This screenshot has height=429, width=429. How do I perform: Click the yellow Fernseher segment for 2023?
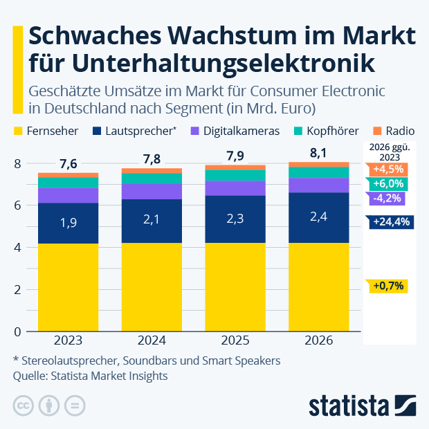pyautogui.click(x=68, y=287)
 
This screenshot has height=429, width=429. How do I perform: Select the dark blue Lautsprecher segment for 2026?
pyautogui.click(x=319, y=217)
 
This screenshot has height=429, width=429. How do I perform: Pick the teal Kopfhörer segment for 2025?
pyautogui.click(x=235, y=175)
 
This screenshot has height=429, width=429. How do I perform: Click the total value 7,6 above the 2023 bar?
pyautogui.click(x=68, y=164)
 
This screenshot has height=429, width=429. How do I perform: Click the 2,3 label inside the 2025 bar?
pyautogui.click(x=235, y=219)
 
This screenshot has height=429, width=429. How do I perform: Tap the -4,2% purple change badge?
pyautogui.click(x=386, y=199)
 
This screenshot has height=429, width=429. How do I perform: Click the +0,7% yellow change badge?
pyautogui.click(x=387, y=286)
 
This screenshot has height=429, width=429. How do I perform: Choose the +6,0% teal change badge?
pyautogui.click(x=388, y=184)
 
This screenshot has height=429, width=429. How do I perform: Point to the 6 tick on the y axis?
pyautogui.click(x=17, y=206)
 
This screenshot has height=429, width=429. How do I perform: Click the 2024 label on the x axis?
pyautogui.click(x=152, y=341)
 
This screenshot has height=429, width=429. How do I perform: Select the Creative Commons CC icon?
pyautogui.click(x=24, y=405)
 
